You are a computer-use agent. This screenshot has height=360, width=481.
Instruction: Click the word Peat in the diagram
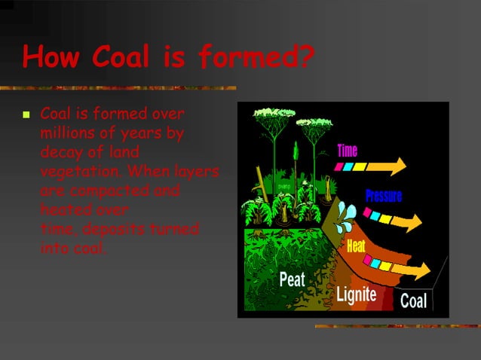point(292,279)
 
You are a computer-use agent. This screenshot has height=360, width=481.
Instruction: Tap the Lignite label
point(356,294)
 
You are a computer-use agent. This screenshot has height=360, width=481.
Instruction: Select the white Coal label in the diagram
point(413,302)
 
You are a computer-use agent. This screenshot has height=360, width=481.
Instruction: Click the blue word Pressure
point(384,197)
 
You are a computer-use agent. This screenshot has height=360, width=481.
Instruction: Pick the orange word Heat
point(357,246)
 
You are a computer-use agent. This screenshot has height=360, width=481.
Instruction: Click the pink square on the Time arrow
point(340,167)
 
